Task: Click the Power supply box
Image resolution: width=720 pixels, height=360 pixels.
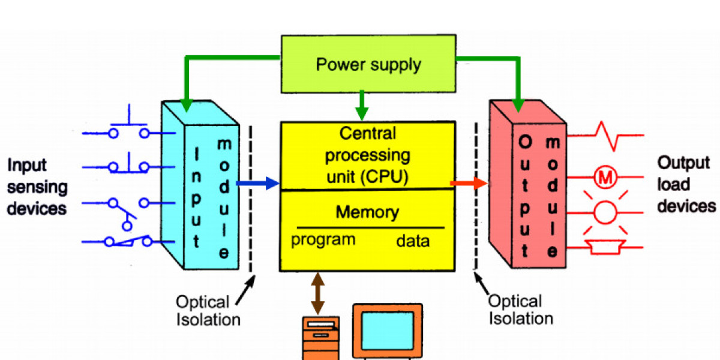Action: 368,65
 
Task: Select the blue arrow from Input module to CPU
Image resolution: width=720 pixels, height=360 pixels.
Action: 259,183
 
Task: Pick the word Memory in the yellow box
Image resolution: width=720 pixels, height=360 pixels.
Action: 367,212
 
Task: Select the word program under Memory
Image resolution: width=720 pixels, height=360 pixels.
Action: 323,240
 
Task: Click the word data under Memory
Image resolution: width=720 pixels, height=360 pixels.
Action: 413,241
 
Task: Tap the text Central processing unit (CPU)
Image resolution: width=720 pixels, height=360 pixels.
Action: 367,155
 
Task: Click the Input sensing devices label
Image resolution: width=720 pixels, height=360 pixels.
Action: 37,187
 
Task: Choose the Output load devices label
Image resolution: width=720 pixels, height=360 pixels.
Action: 686,184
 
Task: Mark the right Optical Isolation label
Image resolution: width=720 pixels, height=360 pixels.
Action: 520,309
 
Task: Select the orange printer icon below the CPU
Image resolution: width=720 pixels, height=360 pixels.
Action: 320,339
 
